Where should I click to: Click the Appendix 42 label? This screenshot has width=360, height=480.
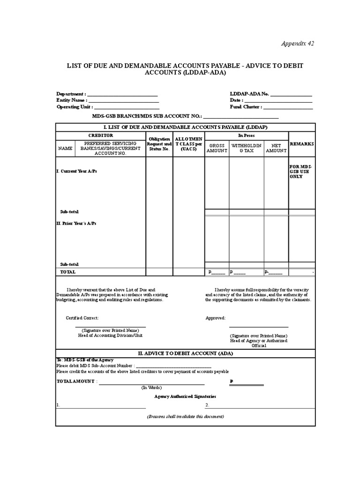pos(297,44)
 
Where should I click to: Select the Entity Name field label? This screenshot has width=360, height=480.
pos(72,100)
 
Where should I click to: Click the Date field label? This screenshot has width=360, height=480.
pos(236,100)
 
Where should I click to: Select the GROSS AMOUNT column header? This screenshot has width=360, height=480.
pos(217,148)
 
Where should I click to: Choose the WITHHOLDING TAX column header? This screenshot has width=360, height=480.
pos(246,148)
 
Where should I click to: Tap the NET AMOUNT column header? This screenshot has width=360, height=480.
pos(276,148)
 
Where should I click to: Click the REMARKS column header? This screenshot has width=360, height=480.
pos(302,144)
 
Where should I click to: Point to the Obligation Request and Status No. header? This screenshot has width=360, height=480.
pos(159,144)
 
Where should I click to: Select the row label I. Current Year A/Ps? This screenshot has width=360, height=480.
pos(76,172)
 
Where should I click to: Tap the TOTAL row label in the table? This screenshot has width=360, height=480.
pos(68,272)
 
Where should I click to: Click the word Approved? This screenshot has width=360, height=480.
pos(216,318)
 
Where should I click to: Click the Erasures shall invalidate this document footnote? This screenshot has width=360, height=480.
pos(185,417)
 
